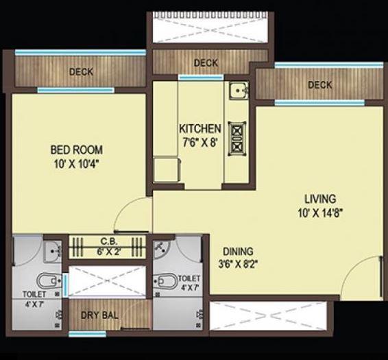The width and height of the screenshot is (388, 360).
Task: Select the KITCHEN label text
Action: click(199, 129)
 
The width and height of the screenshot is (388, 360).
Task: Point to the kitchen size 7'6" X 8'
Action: click(199, 142)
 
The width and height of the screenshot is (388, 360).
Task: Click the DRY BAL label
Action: click(99, 316)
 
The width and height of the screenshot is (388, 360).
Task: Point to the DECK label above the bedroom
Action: click(81, 71)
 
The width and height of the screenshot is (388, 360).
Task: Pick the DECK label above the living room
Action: click(319, 85)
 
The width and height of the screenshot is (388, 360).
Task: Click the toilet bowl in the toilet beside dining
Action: click(165, 280)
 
